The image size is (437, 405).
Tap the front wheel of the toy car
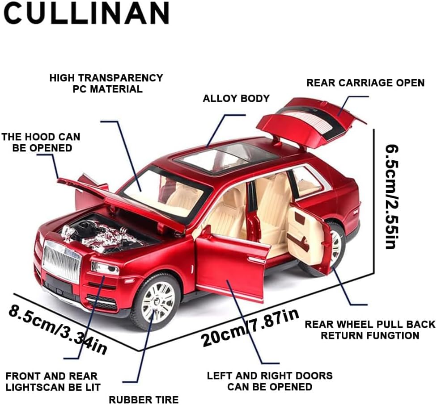click(155, 302)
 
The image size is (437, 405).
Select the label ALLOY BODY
click(236, 98)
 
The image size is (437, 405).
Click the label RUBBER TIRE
click(144, 399)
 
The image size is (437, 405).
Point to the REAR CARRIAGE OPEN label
click(365, 83)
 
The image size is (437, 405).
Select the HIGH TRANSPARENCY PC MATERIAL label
click(106, 83)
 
